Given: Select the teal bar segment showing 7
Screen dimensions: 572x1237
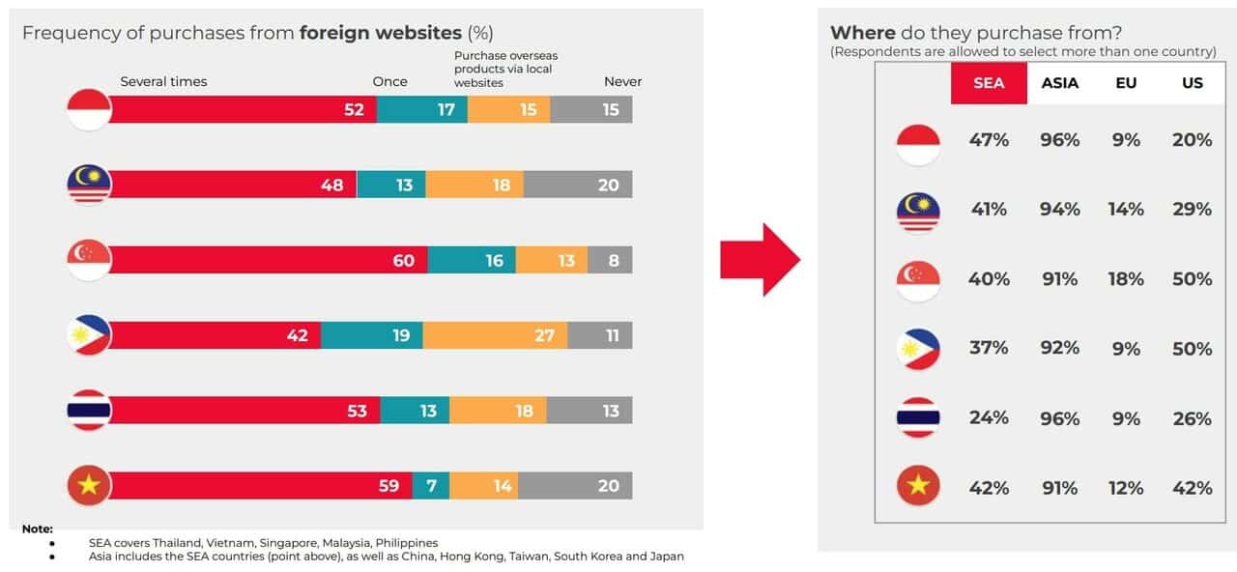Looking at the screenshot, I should coord(431,485).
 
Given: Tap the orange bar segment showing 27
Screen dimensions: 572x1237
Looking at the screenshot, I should coord(495,335).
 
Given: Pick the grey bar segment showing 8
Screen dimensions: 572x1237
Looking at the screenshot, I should coord(610,260).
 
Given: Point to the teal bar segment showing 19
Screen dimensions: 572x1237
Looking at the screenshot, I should coord(372,335).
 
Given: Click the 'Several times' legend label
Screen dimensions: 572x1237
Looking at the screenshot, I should coord(163,82).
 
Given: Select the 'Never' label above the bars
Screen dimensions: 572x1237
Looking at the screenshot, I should coord(622,82).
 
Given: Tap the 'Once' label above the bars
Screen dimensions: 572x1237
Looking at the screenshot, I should coord(389,82).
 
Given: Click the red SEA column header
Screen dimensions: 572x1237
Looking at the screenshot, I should coord(989,83).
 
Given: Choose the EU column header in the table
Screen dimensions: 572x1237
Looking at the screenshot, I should coord(1126,83).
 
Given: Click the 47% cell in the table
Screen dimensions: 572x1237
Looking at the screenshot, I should coord(989,140).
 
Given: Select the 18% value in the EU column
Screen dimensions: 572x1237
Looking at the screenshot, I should coord(1126,279).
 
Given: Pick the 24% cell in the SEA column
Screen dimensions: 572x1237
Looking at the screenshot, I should coord(989,418).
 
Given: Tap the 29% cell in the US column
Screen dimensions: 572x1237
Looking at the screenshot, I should coord(1192,210).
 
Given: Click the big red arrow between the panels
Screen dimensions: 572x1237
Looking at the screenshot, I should coord(761,260).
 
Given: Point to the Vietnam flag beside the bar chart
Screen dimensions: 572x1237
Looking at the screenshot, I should coord(89,485).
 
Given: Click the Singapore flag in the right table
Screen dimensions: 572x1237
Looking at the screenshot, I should coord(918,280).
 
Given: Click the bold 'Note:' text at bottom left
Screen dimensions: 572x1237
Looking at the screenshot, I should coord(38,529).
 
